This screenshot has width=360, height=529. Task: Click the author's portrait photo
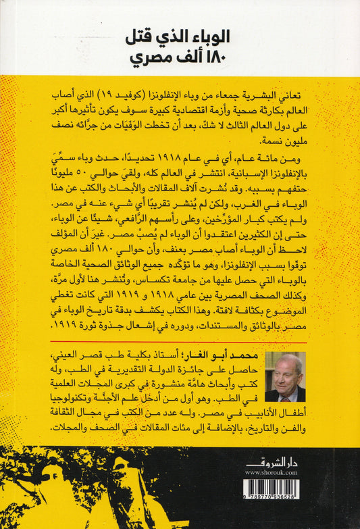tap(286, 378)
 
